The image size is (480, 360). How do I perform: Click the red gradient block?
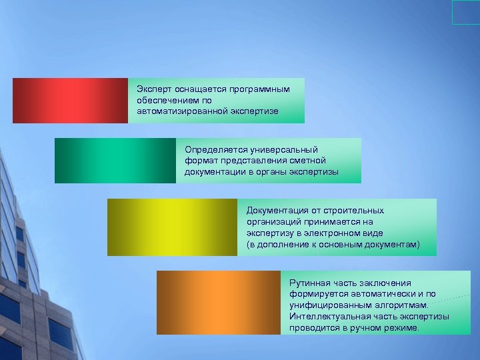tap(70, 101)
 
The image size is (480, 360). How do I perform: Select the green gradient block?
tap(115, 161)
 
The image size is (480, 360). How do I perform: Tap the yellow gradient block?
tap(172, 227)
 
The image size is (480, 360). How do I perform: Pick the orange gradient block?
tap(219, 302)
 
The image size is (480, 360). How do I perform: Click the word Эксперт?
tap(153, 89)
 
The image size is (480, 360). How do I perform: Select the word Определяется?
tap(213, 149)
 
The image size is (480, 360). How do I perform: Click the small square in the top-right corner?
tap(465, 12)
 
